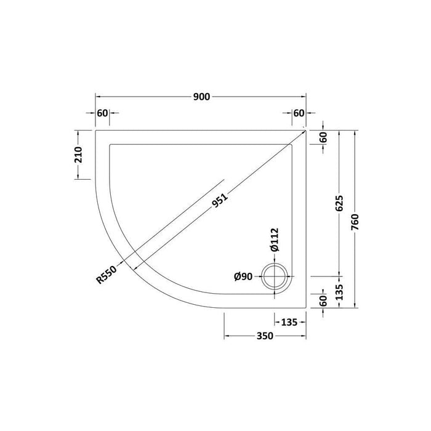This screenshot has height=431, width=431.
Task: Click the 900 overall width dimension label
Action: pyautogui.click(x=202, y=96)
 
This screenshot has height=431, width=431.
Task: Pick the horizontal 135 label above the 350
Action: pyautogui.click(x=290, y=322)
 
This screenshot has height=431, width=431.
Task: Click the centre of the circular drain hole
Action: pyautogui.click(x=275, y=277)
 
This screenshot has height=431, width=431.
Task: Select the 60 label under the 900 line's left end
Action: pyautogui.click(x=103, y=113)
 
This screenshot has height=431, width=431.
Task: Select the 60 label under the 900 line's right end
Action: pyautogui.click(x=299, y=113)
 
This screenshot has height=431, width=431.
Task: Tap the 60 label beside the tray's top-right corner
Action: pyautogui.click(x=323, y=137)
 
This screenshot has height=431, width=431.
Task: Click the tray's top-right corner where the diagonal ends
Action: pyautogui.click(x=307, y=131)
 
